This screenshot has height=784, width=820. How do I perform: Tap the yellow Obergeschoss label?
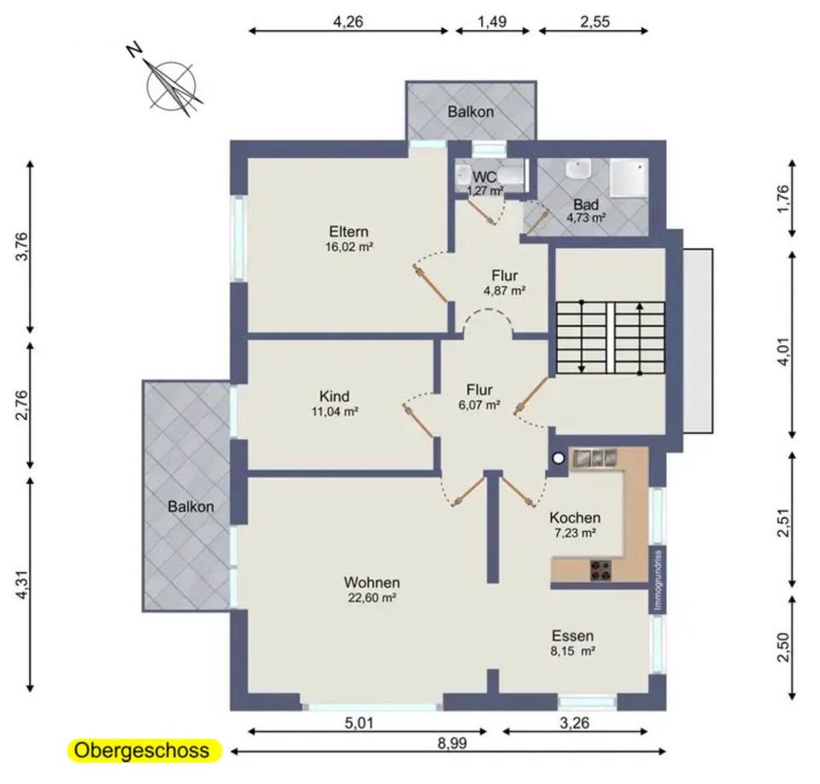click(x=142, y=750)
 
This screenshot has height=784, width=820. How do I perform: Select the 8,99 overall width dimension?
click(x=453, y=743)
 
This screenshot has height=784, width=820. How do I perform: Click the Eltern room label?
click(x=348, y=231)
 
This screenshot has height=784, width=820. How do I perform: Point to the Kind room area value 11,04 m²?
click(x=335, y=412)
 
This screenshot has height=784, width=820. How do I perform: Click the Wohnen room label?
click(x=372, y=582)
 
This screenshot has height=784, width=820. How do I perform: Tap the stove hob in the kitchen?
click(x=600, y=570)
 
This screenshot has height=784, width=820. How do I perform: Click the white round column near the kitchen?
click(x=559, y=459)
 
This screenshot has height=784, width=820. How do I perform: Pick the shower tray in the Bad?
click(x=630, y=178)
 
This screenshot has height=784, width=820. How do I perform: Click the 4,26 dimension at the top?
click(x=348, y=21)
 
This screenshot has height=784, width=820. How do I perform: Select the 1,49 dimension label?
click(x=492, y=21)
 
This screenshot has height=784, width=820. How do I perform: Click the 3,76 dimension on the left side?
click(x=22, y=246)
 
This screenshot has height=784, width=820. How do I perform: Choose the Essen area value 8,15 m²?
click(x=572, y=651)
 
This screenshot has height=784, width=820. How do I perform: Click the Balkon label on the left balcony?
click(x=190, y=506)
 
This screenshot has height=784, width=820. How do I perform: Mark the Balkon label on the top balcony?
click(x=471, y=111)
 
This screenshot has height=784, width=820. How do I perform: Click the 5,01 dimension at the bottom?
click(x=359, y=723)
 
